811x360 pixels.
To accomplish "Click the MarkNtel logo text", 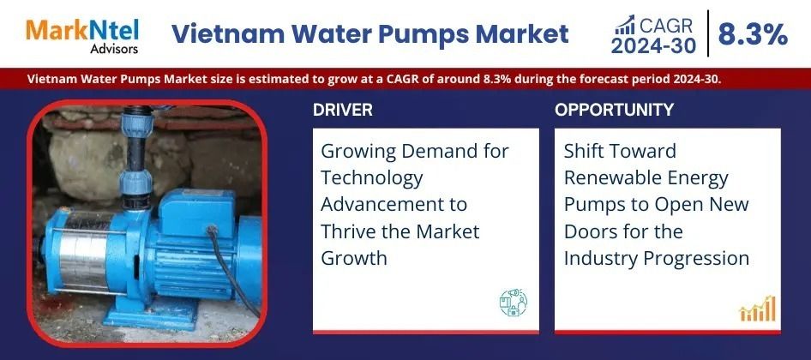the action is point(82,30).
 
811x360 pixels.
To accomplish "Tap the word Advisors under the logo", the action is point(114,49).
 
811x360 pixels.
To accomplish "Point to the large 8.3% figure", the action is point(753,33).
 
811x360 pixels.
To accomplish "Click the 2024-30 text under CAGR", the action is point(654,46).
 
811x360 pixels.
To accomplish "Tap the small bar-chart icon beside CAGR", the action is point(624,25).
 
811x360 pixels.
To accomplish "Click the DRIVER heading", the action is point(342,110).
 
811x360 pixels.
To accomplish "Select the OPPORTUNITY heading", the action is point(614,110).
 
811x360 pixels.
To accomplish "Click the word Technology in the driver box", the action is point(372,179).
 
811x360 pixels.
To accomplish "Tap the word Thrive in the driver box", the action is point(350,231).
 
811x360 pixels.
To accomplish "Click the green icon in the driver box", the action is point(513,303).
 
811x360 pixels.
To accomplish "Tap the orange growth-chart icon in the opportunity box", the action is point(758,309).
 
